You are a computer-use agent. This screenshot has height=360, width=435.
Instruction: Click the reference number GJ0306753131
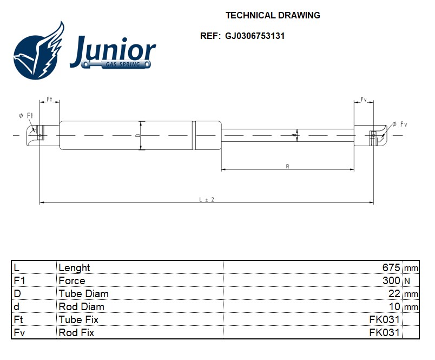point(255,36)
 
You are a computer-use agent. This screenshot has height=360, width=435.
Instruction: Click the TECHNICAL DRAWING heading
point(273,15)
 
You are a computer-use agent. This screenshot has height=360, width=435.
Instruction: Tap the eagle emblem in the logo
point(39,51)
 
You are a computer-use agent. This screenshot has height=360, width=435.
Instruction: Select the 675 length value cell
point(391,267)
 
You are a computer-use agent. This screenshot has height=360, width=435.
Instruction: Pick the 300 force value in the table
point(391,280)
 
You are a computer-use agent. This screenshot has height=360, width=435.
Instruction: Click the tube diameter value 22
point(394,293)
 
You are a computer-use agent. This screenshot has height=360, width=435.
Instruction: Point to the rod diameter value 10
point(394,307)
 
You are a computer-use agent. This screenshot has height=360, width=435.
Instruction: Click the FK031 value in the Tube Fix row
point(384,319)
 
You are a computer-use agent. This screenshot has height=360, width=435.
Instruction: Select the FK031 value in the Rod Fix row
point(384,332)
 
